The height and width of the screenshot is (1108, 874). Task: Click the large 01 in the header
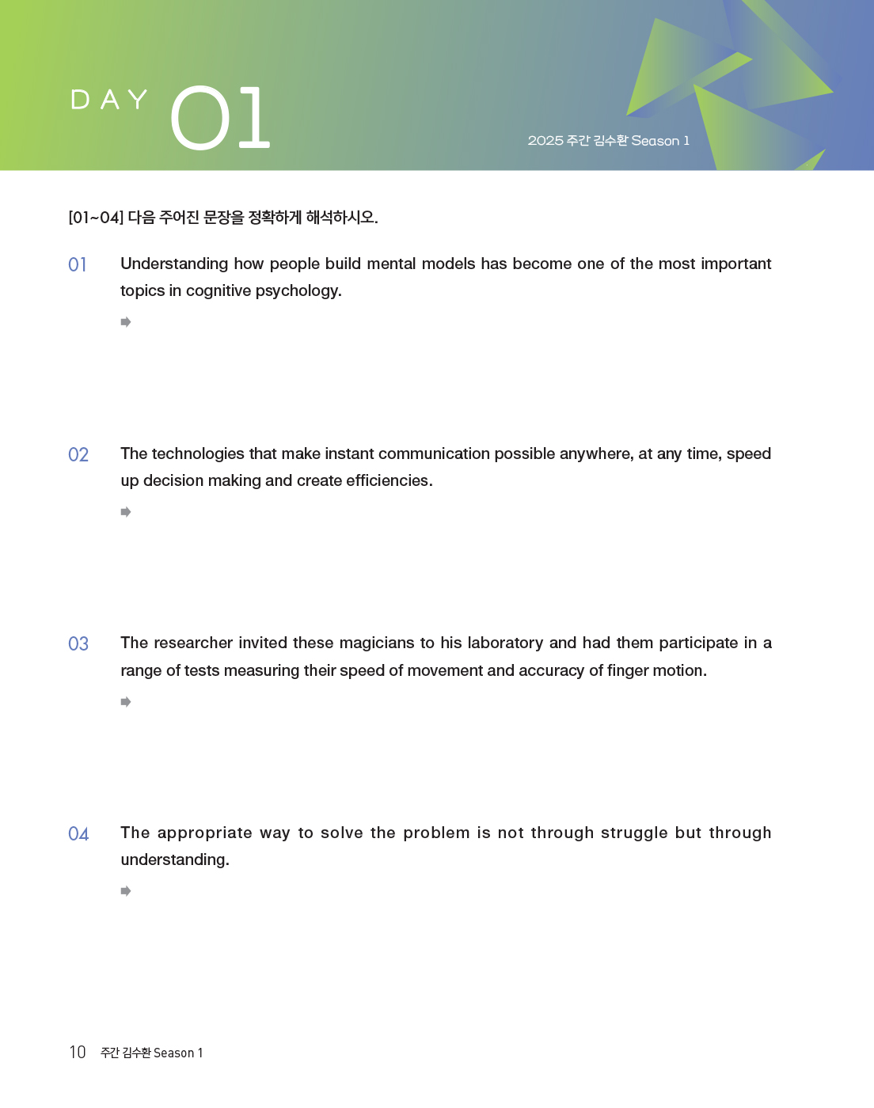pos(220,118)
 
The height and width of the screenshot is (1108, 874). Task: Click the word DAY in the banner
pos(109,100)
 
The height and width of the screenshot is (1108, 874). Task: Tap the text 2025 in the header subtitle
pos(545,141)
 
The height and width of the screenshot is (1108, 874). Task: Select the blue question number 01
pos(78,264)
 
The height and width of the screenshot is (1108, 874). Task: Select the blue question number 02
pos(78,454)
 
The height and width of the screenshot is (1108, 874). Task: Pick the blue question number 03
pos(78,643)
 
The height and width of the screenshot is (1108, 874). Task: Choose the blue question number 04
pos(78,833)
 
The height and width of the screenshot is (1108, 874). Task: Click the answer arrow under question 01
pos(126,322)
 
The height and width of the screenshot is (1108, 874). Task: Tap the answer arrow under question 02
pos(126,512)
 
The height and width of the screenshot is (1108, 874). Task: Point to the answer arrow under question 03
pos(126,702)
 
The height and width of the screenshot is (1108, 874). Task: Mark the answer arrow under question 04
pos(126,891)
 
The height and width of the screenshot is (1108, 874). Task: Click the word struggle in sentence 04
pos(633,833)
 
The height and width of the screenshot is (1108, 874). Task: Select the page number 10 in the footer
pos(78,1052)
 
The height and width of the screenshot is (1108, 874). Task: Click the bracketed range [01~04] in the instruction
pos(96,218)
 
